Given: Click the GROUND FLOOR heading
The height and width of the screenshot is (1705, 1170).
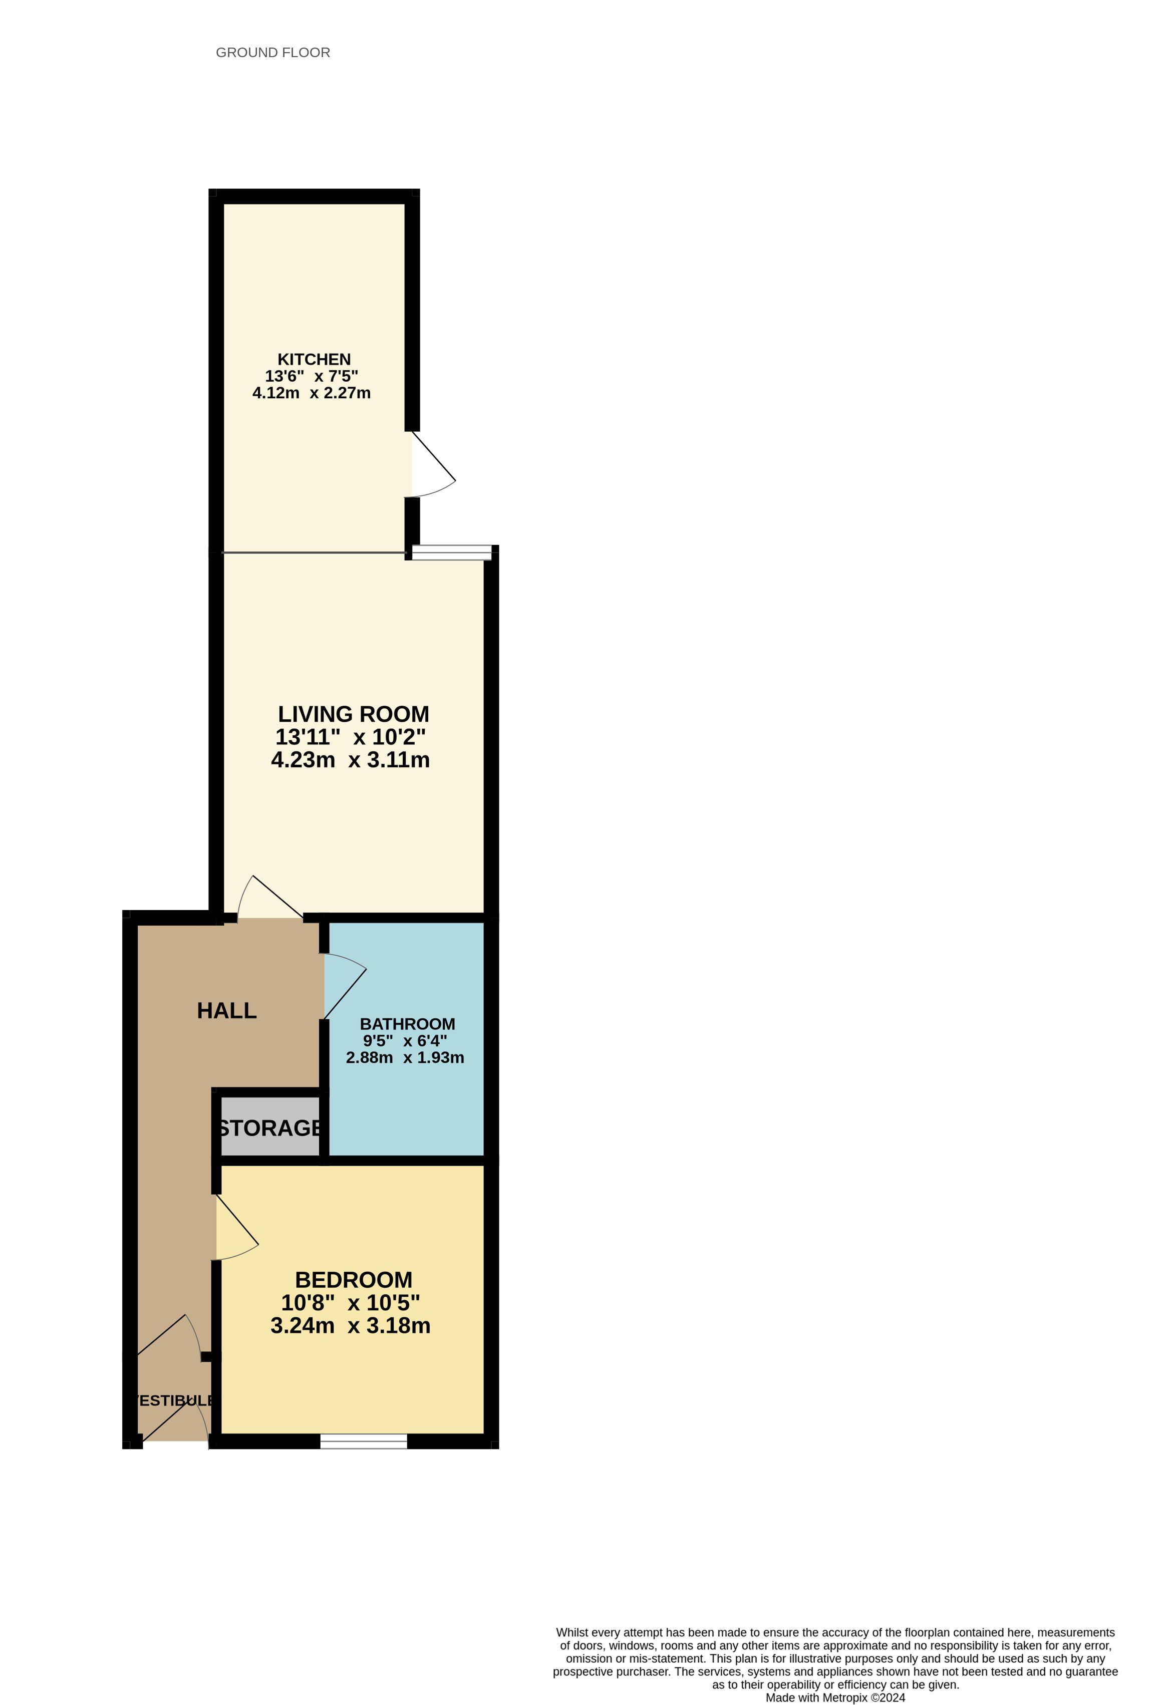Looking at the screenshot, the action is (273, 53).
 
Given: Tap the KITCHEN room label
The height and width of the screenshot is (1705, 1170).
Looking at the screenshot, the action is (314, 360).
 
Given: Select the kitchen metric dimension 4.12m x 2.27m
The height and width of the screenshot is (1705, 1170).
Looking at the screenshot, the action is (312, 393).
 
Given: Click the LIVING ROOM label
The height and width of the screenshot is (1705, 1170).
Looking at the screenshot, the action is (354, 714).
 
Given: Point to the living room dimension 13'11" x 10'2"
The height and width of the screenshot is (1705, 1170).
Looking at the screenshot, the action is (351, 737).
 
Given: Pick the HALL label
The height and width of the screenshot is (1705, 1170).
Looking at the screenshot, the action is (227, 1011).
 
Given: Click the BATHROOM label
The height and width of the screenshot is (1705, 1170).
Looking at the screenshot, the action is (407, 1024).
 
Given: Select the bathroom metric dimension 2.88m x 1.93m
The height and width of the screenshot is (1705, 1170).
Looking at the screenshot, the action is (405, 1058).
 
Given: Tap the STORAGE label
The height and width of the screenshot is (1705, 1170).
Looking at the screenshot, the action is (270, 1128).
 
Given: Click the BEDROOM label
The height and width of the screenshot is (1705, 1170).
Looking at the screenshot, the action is (354, 1280).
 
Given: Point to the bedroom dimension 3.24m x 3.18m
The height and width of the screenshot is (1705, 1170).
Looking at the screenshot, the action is (351, 1326).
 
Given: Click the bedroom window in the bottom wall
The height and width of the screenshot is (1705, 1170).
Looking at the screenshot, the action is (364, 1442).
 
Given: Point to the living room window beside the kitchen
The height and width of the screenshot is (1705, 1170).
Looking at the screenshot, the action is (451, 552).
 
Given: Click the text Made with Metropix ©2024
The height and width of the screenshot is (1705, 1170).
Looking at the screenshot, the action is (835, 1697).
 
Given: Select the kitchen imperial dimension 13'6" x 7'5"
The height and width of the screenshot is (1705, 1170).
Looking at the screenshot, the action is (312, 376).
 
